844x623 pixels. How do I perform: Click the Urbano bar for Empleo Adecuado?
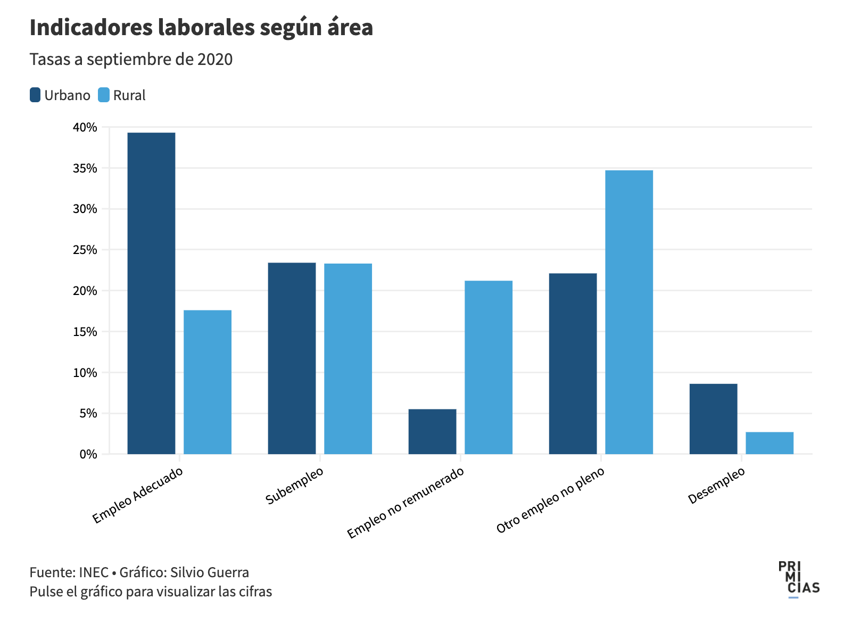point(151,293)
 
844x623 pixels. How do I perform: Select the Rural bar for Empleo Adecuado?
point(208,382)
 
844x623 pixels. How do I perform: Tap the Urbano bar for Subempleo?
point(292,358)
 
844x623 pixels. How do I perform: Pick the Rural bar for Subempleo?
point(348,358)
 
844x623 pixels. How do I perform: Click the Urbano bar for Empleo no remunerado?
point(432,431)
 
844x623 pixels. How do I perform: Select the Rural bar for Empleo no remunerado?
point(489,367)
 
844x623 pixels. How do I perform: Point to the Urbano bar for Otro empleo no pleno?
point(573,363)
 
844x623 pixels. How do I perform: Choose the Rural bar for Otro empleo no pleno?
point(629,312)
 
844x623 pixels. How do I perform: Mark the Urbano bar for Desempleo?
point(713,419)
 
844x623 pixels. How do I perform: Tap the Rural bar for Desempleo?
point(769,443)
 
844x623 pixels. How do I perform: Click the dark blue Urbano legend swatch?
point(35,95)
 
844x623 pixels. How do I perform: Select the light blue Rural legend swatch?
point(104,95)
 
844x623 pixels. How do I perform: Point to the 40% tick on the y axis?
point(85,127)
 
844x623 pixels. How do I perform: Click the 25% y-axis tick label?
point(85,250)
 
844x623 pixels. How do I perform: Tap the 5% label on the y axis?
point(88,413)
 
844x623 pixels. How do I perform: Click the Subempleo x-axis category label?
point(294,486)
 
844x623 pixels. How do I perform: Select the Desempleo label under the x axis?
point(716,486)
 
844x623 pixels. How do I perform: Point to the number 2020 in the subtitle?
point(215,59)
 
